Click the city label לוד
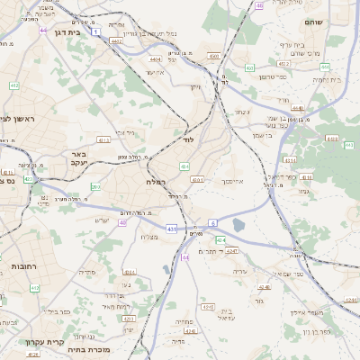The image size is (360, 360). pyautogui.click(x=188, y=141)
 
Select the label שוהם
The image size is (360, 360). pyautogui.click(x=338, y=21)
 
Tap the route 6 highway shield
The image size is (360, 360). pyautogui.click(x=212, y=221)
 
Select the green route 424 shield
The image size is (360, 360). pyautogui.click(x=220, y=239)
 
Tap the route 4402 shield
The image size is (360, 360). pyautogui.click(x=116, y=40)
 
